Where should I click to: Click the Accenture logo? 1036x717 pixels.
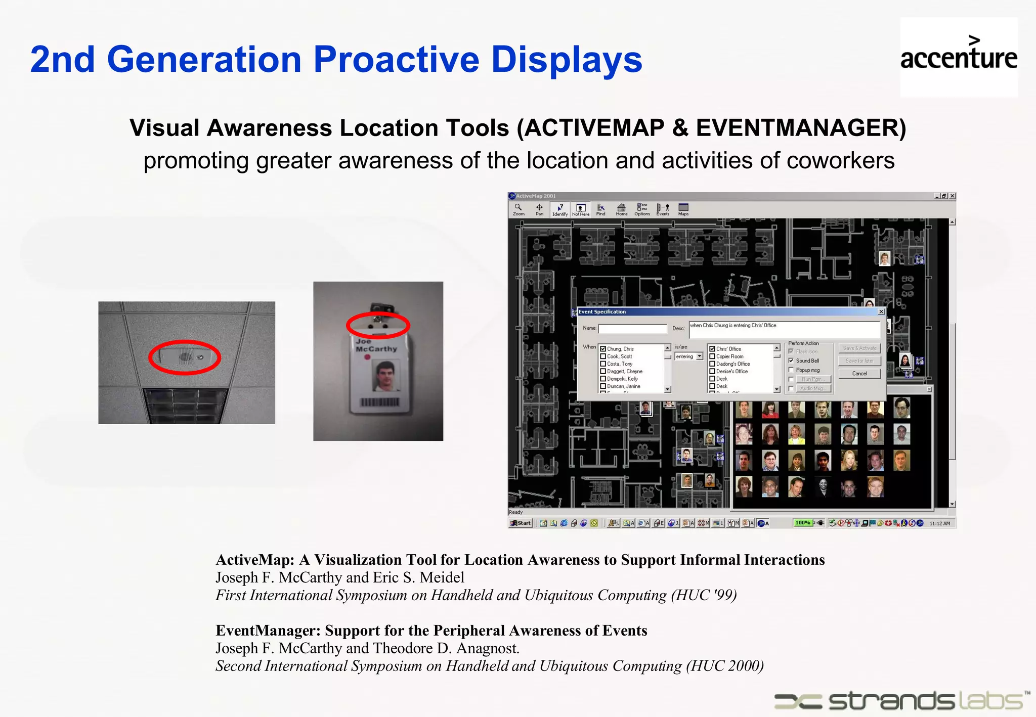[959, 57]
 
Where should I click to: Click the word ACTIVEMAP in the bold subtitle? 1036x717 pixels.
[594, 127]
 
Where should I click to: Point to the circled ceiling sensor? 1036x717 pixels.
[185, 357]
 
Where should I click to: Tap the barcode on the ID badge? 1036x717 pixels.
[379, 402]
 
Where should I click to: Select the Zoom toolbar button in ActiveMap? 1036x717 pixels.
[519, 209]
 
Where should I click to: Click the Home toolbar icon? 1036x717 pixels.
[622, 209]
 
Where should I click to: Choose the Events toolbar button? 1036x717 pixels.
[663, 209]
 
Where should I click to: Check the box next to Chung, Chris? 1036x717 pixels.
[603, 349]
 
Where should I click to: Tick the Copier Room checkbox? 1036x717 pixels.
[712, 356]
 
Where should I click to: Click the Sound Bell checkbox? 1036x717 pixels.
[791, 361]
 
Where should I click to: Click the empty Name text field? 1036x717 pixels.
[632, 329]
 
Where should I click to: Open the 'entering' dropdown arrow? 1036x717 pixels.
[700, 356]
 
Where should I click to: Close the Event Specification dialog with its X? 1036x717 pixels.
[881, 312]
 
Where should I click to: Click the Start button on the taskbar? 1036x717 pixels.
[521, 523]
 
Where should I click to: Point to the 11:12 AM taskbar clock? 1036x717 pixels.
[939, 523]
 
